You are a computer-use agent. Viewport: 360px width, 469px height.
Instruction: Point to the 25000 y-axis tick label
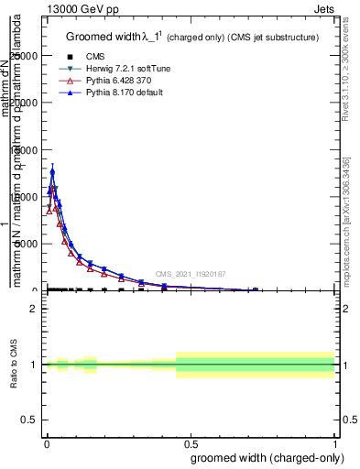pos(25,56)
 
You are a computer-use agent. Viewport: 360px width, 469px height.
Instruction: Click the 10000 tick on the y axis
pos(25,197)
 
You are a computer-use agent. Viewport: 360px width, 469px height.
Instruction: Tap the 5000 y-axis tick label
pos(27,244)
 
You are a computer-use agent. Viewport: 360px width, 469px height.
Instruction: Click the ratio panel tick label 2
pos(34,309)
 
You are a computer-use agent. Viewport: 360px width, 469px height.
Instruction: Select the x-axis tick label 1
pos(335,443)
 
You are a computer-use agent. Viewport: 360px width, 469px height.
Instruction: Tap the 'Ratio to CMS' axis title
pos(14,364)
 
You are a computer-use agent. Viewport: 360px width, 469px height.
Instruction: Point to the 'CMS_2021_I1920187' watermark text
pos(190,274)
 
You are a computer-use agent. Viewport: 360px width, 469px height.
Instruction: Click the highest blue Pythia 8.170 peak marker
pos(52,171)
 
